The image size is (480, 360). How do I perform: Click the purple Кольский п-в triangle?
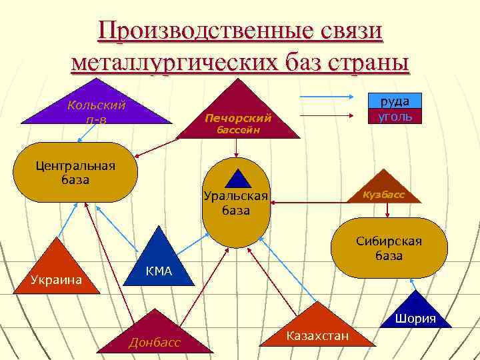coord(97,107)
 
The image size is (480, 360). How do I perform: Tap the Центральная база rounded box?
coord(75,172)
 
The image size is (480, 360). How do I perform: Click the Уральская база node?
coord(235,203)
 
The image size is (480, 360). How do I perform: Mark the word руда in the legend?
coord(395,101)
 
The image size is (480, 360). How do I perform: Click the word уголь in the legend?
coord(395,116)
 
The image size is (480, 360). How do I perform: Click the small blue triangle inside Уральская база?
coord(237,179)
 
